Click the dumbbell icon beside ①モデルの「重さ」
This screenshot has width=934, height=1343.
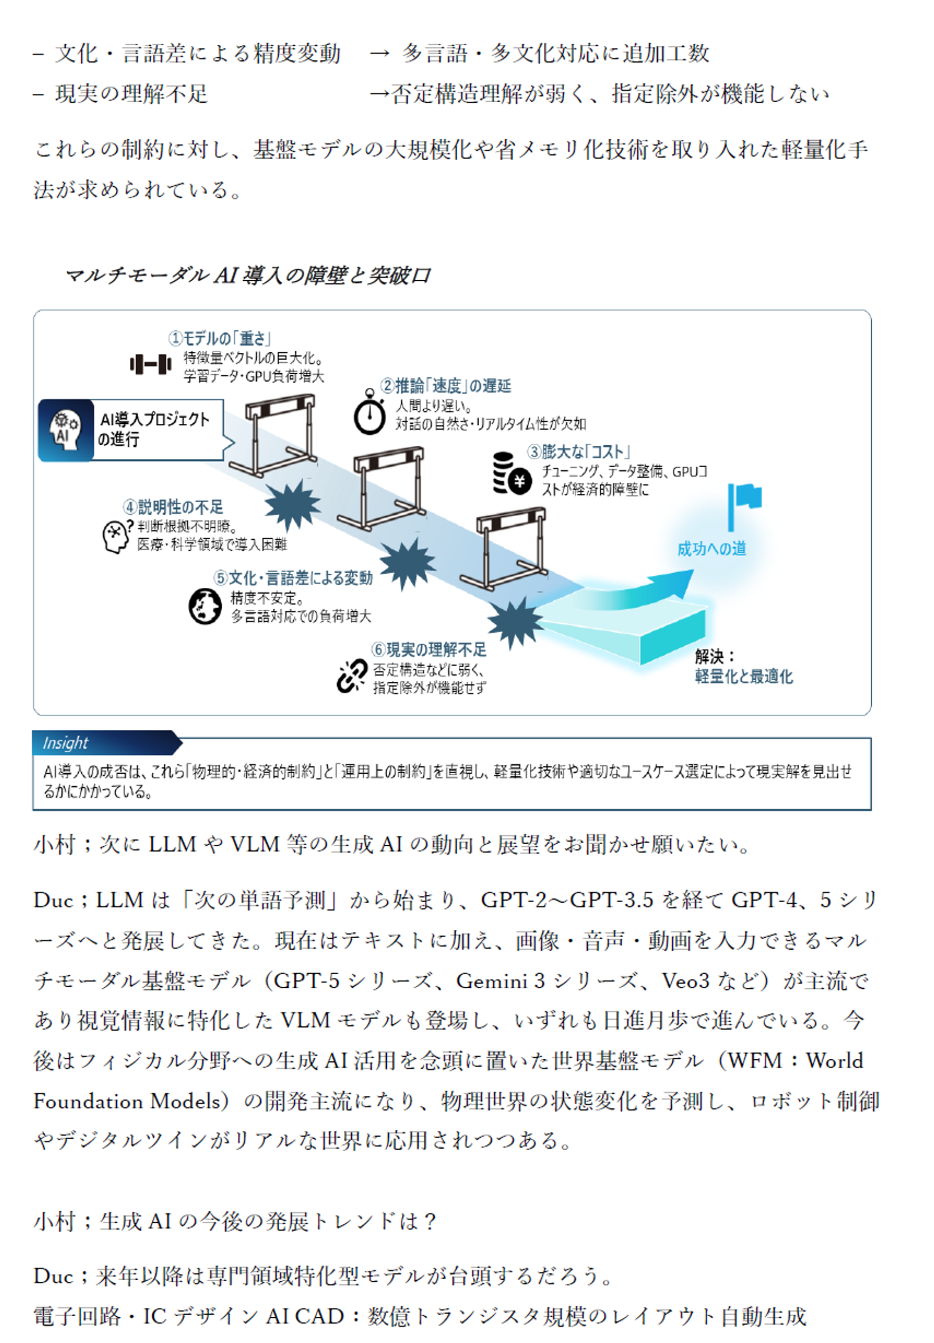150,364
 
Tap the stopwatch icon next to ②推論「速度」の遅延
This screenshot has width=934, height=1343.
369,413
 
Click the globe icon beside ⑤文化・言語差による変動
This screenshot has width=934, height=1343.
205,606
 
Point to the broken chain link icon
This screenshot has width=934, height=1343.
352,676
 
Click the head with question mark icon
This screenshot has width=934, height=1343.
116,535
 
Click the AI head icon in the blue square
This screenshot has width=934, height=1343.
66,430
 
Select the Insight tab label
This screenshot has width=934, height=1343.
66,743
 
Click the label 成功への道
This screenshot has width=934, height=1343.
711,549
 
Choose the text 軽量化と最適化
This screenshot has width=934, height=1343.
743,677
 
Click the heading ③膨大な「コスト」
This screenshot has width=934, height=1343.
578,452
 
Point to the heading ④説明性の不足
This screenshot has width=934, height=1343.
173,507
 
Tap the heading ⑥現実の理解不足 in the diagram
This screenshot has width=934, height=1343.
429,649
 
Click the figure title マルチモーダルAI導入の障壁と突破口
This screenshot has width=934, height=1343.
248,275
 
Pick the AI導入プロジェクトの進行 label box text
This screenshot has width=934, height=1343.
154,429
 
